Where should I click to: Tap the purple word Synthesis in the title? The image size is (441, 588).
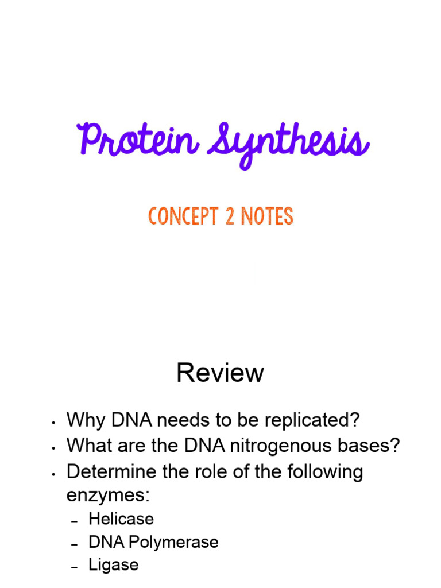(289, 143)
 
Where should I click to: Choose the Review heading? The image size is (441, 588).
(220, 373)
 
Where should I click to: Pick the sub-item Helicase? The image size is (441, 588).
(121, 519)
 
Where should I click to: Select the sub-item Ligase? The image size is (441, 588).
(114, 565)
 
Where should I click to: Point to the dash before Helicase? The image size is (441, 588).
(75, 520)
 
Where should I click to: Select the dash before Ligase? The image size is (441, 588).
(75, 566)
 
